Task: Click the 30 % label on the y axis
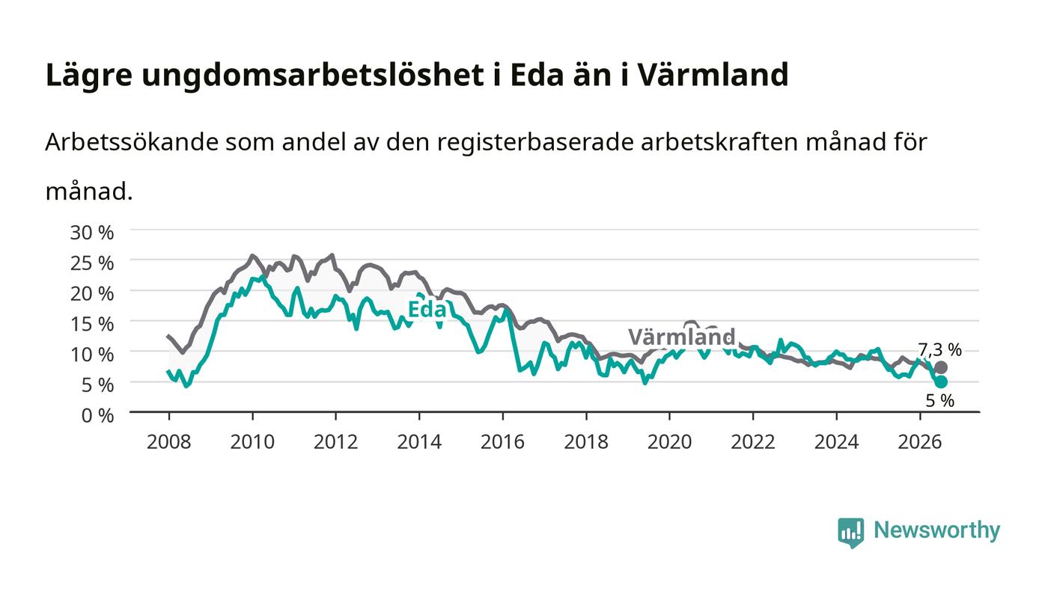(91, 233)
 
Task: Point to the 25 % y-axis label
(91, 263)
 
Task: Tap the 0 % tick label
(97, 415)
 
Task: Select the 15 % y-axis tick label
(91, 324)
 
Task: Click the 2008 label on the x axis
(169, 442)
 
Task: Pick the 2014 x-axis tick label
(419, 442)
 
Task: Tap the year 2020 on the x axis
(669, 442)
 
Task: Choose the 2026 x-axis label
(920, 442)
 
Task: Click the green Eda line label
(427, 309)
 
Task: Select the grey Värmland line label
(682, 337)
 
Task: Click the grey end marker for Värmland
(941, 367)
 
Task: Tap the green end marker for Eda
(941, 382)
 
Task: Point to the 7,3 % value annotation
(939, 350)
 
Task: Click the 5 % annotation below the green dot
(940, 401)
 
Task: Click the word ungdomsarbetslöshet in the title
(313, 76)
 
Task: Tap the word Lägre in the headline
(89, 76)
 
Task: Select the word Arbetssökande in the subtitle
(132, 141)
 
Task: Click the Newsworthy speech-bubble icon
(851, 532)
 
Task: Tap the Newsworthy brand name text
(936, 530)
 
